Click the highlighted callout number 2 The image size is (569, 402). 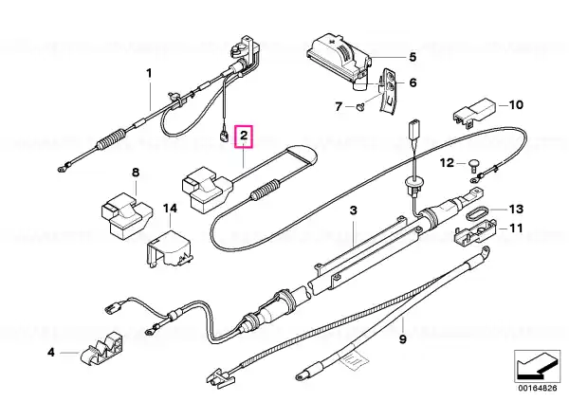pyautogui.click(x=244, y=137)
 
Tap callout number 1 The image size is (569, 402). pyautogui.click(x=149, y=73)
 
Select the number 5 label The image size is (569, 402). pyautogui.click(x=413, y=57)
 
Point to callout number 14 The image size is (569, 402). pyautogui.click(x=170, y=209)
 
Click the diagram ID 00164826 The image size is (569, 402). pyautogui.click(x=537, y=388)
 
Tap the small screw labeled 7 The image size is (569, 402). pyautogui.click(x=359, y=107)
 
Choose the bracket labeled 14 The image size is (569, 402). pyautogui.click(x=170, y=248)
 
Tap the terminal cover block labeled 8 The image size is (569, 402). pyautogui.click(x=126, y=216)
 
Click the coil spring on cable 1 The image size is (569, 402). pyautogui.click(x=112, y=138)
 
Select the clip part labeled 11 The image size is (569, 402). pyautogui.click(x=475, y=232)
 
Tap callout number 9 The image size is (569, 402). pyautogui.click(x=403, y=339)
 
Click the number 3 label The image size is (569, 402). pyautogui.click(x=353, y=210)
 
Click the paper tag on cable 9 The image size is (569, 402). pyautogui.click(x=354, y=360)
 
